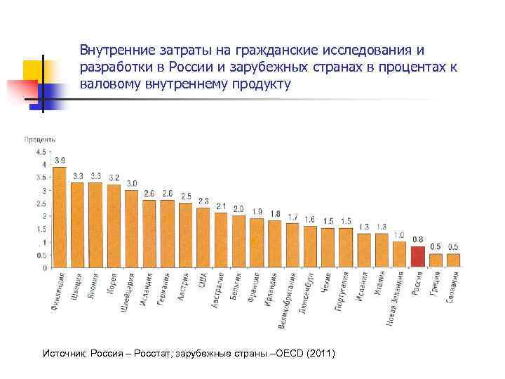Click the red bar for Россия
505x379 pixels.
coord(417,257)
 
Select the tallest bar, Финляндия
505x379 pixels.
coord(59,218)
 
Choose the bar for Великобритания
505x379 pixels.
coord(292,246)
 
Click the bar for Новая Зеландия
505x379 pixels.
coord(399,254)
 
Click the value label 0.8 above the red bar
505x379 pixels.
coord(417,240)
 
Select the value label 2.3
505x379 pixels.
coord(203,201)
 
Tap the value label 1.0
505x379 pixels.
coord(399,235)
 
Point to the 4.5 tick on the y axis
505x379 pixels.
coord(40,152)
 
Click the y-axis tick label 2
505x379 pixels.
coord(43,216)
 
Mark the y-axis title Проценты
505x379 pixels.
coord(40,140)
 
